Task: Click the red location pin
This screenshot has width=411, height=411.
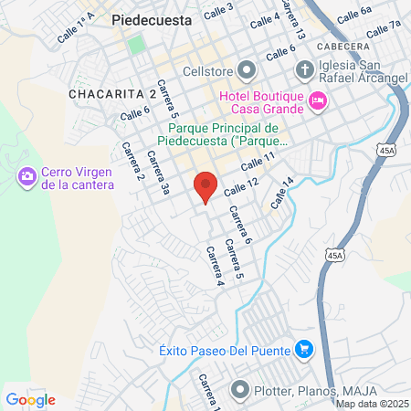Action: (x=206, y=186)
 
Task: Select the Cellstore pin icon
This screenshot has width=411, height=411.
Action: (x=248, y=70)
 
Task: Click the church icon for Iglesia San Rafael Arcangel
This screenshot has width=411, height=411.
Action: (x=304, y=69)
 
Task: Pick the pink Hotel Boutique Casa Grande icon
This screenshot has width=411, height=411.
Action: (x=318, y=100)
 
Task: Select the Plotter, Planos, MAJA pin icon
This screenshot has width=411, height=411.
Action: (x=241, y=391)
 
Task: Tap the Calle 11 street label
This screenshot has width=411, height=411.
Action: (x=258, y=162)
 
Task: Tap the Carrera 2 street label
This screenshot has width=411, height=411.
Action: (x=133, y=162)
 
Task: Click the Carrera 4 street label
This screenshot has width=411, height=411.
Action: (x=215, y=266)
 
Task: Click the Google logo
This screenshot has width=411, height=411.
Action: (x=30, y=399)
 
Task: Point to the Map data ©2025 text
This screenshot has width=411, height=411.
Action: (x=372, y=404)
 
